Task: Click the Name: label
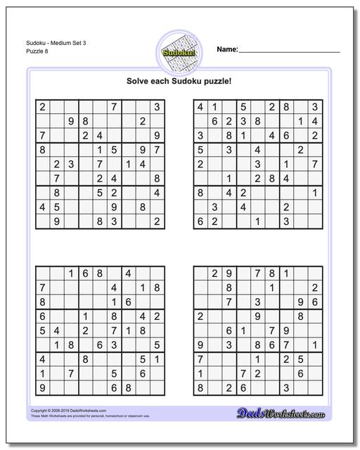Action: click(227, 49)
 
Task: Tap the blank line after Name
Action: click(290, 51)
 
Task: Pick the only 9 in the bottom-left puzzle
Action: click(43, 387)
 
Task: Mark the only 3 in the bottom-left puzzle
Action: click(113, 345)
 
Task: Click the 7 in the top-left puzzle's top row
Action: click(113, 107)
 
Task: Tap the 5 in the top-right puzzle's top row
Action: click(243, 107)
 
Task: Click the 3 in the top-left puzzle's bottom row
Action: click(113, 221)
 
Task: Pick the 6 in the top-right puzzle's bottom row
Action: click(200, 221)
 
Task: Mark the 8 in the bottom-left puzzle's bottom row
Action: click(127, 387)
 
